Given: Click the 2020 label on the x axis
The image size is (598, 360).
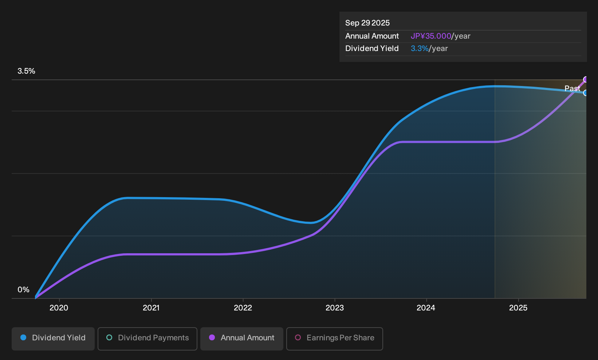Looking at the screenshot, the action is coord(59,308).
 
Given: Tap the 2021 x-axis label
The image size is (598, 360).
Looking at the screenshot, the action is coord(151,308).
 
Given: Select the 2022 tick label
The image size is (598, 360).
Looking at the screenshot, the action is coord(243,308).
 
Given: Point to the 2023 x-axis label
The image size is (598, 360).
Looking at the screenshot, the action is coord(335,308).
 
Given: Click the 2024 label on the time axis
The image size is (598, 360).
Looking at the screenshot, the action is coord(426,308).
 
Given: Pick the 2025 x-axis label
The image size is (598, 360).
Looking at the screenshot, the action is coord(518,308).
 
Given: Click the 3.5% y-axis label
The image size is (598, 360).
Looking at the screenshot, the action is coord(26,71).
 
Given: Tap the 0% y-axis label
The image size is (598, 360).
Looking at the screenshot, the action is coord(24,290).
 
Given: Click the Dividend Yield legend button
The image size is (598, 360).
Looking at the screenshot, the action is coord(53,339).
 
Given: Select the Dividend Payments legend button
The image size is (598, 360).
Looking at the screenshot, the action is coord(147,339).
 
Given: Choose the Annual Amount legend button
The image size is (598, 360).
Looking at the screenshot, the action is coord(241,339).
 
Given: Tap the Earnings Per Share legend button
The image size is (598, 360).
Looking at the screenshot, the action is coord(334,339).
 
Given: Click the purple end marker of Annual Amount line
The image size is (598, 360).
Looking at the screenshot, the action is coord(586,79).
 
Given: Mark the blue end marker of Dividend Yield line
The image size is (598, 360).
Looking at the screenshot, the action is coord(586,93).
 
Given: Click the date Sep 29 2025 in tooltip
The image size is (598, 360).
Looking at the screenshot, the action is coord(367,23).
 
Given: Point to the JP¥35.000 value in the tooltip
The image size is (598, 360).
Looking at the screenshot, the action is coord(431,36).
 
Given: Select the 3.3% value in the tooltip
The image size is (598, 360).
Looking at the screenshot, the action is coord(420,48).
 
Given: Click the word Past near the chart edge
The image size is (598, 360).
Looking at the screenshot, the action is coord(572,89).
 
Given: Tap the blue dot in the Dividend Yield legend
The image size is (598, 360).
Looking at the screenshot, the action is coord(24,337).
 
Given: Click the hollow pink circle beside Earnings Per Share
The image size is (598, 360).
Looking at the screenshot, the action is coord(298,337).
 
